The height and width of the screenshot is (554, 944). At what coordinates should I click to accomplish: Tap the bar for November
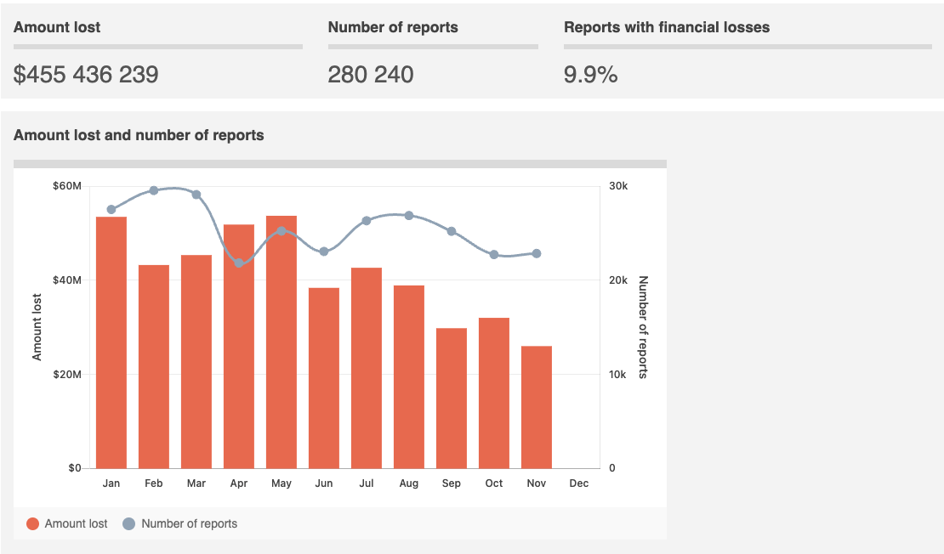point(537,407)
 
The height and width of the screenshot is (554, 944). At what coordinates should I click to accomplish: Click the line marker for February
point(154,190)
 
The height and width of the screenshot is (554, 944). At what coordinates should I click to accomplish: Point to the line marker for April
point(239,263)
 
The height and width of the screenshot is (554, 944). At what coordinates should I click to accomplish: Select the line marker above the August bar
point(409,216)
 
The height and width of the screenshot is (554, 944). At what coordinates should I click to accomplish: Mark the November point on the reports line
point(537,253)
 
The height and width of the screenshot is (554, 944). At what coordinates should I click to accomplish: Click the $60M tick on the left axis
point(67,186)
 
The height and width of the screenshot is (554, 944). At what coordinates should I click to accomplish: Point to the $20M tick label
point(67,375)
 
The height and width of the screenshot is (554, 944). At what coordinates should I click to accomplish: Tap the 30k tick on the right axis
point(618,186)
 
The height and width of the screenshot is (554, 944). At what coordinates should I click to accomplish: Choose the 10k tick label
point(618,375)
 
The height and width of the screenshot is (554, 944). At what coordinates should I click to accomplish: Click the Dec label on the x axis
point(579,483)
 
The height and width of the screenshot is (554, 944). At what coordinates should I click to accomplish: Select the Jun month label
point(324,483)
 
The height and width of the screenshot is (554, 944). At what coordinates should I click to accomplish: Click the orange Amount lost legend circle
point(33,523)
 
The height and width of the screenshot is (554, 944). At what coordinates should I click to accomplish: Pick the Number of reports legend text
point(190,523)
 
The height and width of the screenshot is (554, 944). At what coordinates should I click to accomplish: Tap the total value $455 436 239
point(86,75)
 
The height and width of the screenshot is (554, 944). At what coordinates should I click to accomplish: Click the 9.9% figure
point(590,75)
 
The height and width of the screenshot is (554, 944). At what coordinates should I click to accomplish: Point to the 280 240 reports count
point(371,75)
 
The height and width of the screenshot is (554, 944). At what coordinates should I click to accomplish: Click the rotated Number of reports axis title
point(643,327)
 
